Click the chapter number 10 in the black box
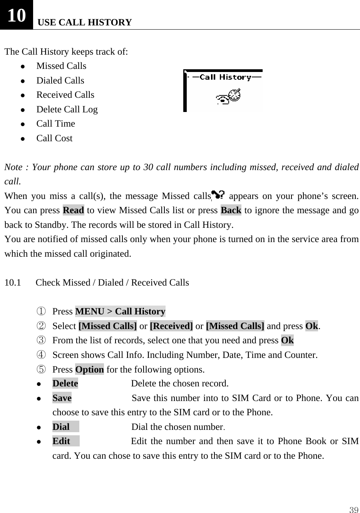pyautogui.click(x=17, y=15)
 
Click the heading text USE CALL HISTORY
pyautogui.click(x=85, y=22)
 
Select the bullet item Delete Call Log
pyautogui.click(x=67, y=109)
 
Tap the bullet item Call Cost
pyautogui.click(x=54, y=138)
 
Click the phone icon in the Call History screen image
pyautogui.click(x=228, y=97)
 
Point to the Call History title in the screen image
pyautogui.click(x=225, y=77)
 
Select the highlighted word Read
pyautogui.click(x=73, y=211)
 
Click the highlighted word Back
pyautogui.click(x=231, y=211)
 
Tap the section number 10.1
pyautogui.click(x=13, y=282)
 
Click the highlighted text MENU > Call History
pyautogui.click(x=120, y=311)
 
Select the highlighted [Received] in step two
pyautogui.click(x=171, y=326)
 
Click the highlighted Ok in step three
pyautogui.click(x=287, y=340)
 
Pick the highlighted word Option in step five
pyautogui.click(x=89, y=369)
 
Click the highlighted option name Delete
pyautogui.click(x=65, y=384)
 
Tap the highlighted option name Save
pyautogui.click(x=62, y=398)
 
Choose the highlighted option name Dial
pyautogui.click(x=61, y=427)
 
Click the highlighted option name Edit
pyautogui.click(x=62, y=441)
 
